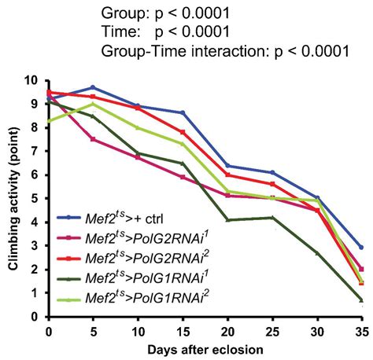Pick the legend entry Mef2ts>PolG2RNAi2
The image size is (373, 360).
tap(129, 256)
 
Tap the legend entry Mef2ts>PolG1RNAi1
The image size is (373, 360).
tap(129, 276)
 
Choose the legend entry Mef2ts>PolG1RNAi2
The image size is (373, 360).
tap(129, 296)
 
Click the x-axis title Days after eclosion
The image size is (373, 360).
tap(205, 347)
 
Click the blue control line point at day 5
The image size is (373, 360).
tap(93, 87)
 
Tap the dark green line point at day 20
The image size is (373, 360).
tap(227, 219)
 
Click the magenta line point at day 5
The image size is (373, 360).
tap(93, 139)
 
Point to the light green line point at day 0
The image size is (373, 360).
tap(49, 121)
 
